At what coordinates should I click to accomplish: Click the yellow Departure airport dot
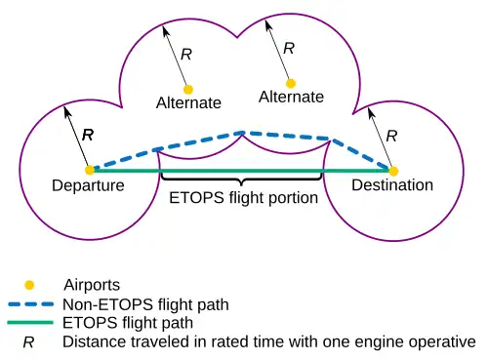[90, 170]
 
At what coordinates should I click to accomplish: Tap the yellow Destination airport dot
[393, 171]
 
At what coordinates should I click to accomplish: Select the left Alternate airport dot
[188, 90]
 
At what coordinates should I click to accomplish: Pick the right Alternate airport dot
[291, 84]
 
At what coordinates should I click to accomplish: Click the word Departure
[88, 185]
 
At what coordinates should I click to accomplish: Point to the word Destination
[392, 185]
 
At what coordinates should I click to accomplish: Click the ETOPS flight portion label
[244, 198]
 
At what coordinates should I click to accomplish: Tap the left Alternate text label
[188, 103]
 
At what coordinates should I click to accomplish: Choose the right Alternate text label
[291, 97]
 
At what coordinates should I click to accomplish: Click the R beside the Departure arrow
[88, 135]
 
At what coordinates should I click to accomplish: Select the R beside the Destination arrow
[391, 136]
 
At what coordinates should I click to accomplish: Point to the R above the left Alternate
[186, 55]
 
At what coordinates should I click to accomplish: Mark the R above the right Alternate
[289, 49]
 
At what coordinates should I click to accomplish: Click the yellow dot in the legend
[29, 285]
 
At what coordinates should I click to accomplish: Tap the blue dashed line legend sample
[31, 304]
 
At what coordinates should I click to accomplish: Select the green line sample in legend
[30, 323]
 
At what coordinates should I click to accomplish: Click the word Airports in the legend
[92, 285]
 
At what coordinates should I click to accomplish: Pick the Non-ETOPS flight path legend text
[145, 305]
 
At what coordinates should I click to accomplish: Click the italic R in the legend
[28, 342]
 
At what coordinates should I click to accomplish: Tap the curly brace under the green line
[241, 179]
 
